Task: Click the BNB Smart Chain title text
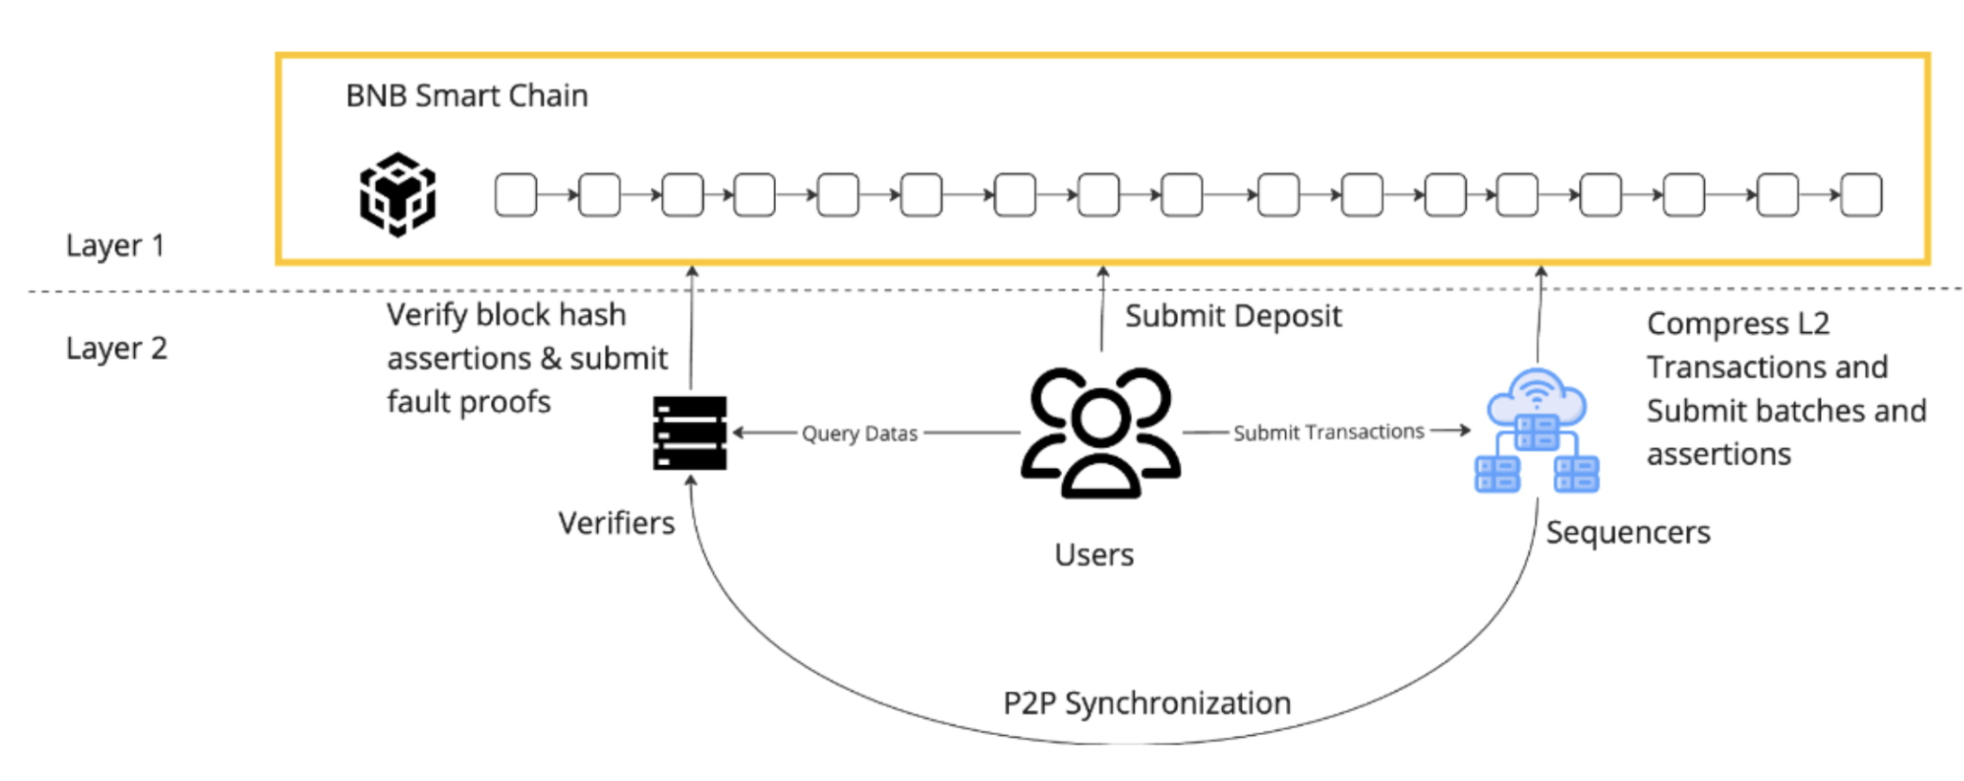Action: pyautogui.click(x=467, y=95)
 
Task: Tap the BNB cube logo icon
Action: pyautogui.click(x=398, y=194)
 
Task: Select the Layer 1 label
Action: pyautogui.click(x=115, y=246)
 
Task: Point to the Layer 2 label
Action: pyautogui.click(x=116, y=348)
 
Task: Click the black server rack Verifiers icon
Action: pyautogui.click(x=690, y=433)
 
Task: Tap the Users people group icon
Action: pyautogui.click(x=1100, y=433)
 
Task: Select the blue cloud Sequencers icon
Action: pyautogui.click(x=1537, y=430)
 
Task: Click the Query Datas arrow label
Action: pyautogui.click(x=859, y=434)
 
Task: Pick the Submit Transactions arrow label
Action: pyautogui.click(x=1328, y=433)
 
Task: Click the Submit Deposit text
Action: pyautogui.click(x=1233, y=317)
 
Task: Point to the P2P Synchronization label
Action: pyautogui.click(x=1147, y=703)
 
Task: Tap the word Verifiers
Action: pyautogui.click(x=616, y=524)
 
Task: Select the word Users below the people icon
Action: pyautogui.click(x=1094, y=555)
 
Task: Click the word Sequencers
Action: pyautogui.click(x=1628, y=533)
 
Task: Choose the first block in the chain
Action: pyautogui.click(x=516, y=195)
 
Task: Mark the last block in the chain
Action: pyautogui.click(x=1861, y=195)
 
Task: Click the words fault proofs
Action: pyautogui.click(x=469, y=402)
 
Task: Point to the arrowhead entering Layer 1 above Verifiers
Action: pyautogui.click(x=692, y=270)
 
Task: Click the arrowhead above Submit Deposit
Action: pyautogui.click(x=1103, y=270)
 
